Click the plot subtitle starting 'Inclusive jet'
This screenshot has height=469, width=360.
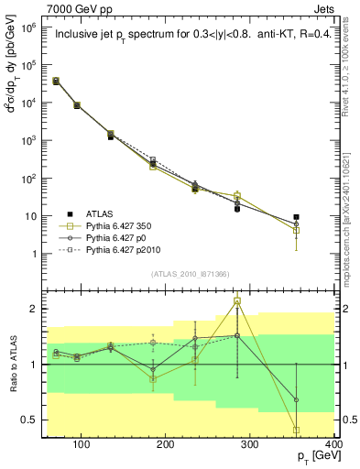click(190, 36)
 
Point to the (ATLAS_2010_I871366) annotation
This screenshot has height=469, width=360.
click(190, 274)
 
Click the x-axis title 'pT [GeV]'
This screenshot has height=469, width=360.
click(312, 456)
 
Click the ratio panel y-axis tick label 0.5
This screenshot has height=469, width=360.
click(29, 420)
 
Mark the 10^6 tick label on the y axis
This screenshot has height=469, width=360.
click(27, 27)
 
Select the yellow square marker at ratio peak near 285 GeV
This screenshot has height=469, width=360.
click(237, 300)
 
